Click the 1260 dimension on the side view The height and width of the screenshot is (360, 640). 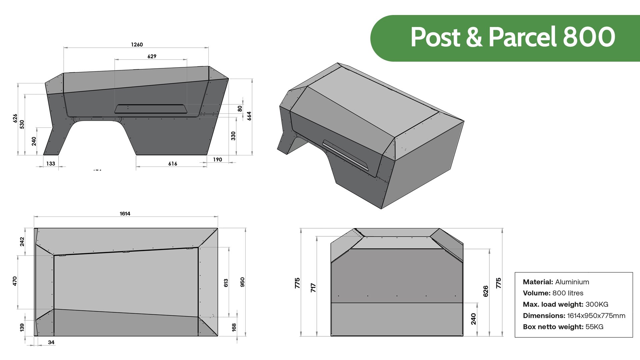pyautogui.click(x=137, y=44)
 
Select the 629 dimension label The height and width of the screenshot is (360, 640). pyautogui.click(x=152, y=56)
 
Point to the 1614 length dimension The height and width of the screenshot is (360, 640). pyautogui.click(x=125, y=214)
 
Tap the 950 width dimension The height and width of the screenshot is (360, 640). pyautogui.click(x=242, y=282)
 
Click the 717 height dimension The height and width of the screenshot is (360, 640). pyautogui.click(x=313, y=288)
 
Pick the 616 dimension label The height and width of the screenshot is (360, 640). pyautogui.click(x=173, y=164)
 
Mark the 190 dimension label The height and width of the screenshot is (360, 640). pyautogui.click(x=217, y=160)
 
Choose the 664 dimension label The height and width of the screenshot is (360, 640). pyautogui.click(x=249, y=116)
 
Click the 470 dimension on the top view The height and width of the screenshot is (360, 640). pyautogui.click(x=15, y=281)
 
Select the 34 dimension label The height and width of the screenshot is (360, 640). pyautogui.click(x=51, y=342)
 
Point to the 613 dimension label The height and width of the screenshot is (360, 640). pyautogui.click(x=226, y=283)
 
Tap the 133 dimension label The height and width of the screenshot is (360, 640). pyautogui.click(x=51, y=164)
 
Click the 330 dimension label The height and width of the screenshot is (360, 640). pyautogui.click(x=233, y=136)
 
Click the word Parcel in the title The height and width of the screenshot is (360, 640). pyautogui.click(x=522, y=37)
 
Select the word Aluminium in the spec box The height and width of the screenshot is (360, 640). pyautogui.click(x=572, y=282)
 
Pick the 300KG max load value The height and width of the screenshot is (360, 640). pyautogui.click(x=597, y=304)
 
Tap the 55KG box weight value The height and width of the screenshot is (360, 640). pyautogui.click(x=594, y=327)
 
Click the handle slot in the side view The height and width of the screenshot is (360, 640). pyautogui.click(x=151, y=109)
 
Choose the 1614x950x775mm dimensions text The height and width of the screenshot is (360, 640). pyautogui.click(x=596, y=316)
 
